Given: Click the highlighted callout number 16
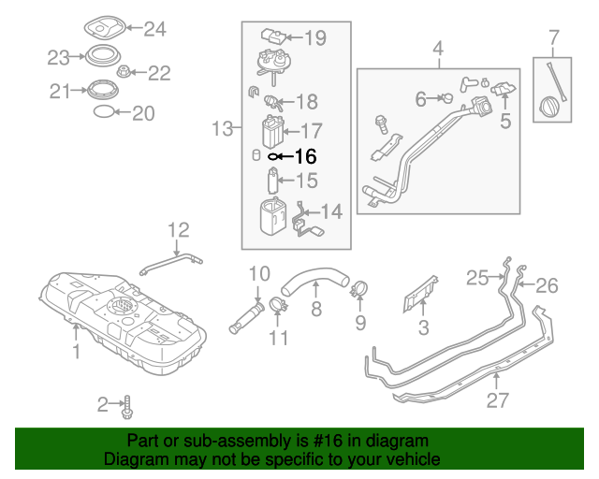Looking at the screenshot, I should (x=306, y=157).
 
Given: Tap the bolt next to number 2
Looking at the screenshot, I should (x=127, y=406).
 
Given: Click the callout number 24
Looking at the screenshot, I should (x=153, y=29).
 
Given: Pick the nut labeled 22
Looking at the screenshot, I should (x=123, y=71).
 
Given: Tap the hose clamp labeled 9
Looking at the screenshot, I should (x=360, y=290).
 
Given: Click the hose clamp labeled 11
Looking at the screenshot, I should (x=278, y=304).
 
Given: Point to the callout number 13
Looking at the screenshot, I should (x=221, y=128).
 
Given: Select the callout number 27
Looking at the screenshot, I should (x=497, y=400).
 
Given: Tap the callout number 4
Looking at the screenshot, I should (x=438, y=45).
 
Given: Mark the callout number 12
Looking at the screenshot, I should (x=178, y=228).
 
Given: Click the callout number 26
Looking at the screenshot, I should (x=546, y=284).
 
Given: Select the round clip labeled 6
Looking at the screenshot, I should (x=448, y=97).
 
